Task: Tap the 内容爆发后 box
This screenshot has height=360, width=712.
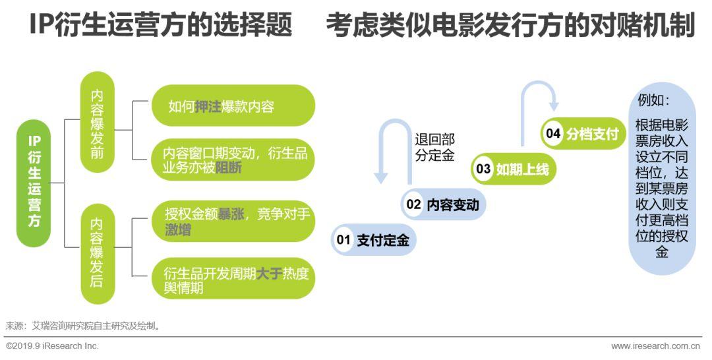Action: coord(97,253)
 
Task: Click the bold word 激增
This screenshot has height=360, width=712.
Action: coord(178,230)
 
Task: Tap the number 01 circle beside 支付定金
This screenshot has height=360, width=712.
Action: coord(343,240)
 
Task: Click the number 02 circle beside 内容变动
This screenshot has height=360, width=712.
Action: coord(413,204)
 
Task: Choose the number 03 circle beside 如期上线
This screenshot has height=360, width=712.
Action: coord(483,169)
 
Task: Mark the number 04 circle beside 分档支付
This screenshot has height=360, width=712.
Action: coord(552,134)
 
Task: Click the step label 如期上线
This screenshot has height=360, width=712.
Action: coord(521,169)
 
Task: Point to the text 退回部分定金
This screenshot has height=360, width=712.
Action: coord(434,148)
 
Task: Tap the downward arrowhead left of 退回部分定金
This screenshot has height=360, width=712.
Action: coord(381,177)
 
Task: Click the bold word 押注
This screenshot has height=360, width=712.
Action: coord(208,106)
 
